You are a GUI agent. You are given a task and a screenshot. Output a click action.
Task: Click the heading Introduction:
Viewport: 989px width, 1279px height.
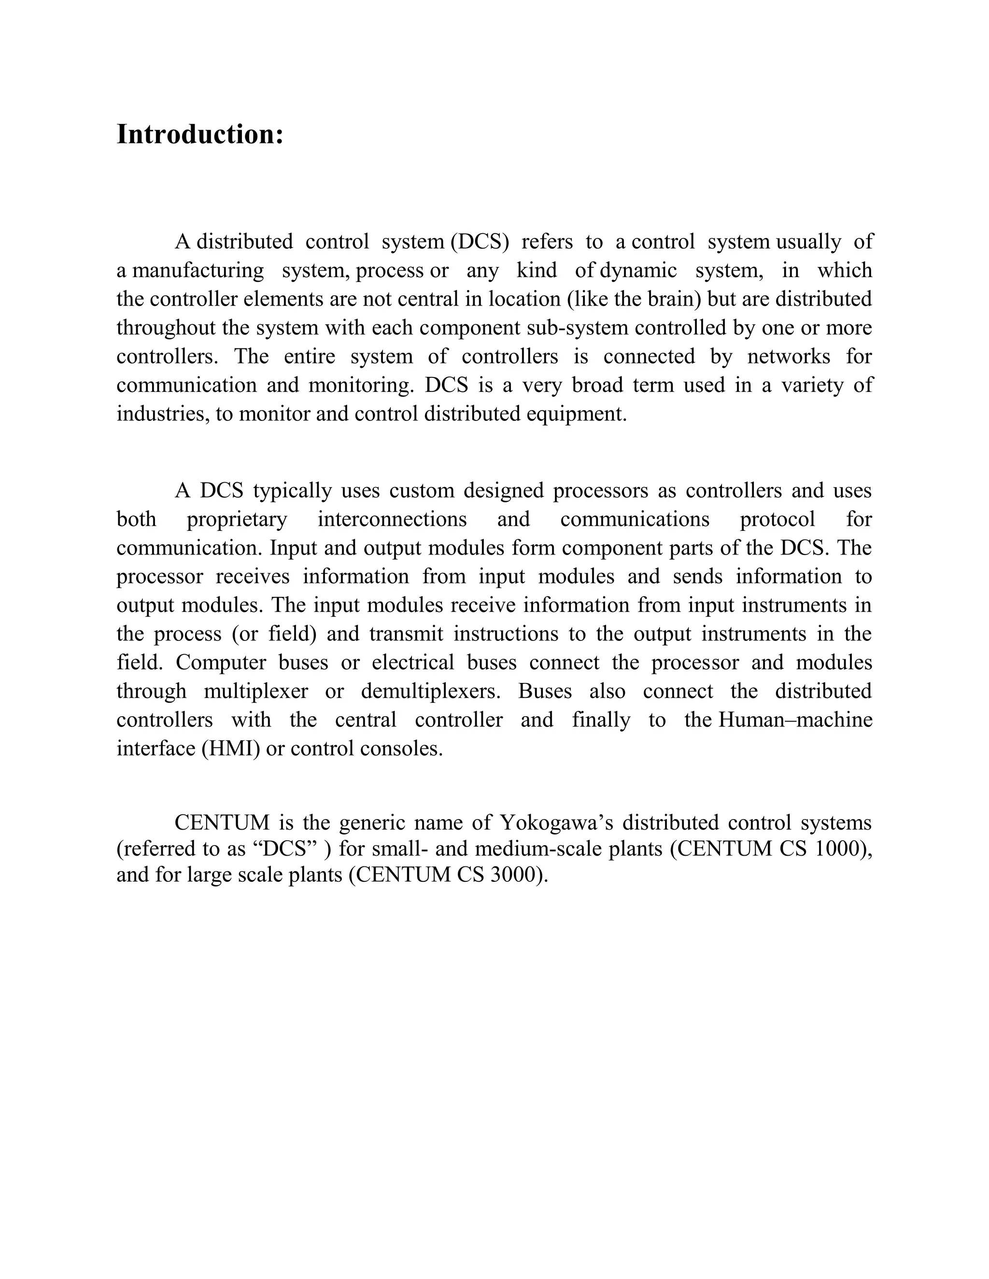coord(200,134)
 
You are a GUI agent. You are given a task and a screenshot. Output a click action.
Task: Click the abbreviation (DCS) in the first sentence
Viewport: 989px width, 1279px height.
coord(480,241)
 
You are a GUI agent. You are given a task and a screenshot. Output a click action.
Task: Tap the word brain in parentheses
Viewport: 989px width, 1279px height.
coord(674,299)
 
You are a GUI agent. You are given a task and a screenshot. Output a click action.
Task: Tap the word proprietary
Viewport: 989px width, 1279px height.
coord(237,519)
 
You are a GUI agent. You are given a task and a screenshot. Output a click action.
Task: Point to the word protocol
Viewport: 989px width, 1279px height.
coord(777,519)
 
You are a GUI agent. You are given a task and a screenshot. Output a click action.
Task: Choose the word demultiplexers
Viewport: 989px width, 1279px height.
coord(431,691)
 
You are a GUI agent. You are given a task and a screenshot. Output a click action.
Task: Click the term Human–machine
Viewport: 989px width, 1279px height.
coord(795,720)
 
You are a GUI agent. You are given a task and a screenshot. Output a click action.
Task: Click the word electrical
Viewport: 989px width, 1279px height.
coord(413,662)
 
